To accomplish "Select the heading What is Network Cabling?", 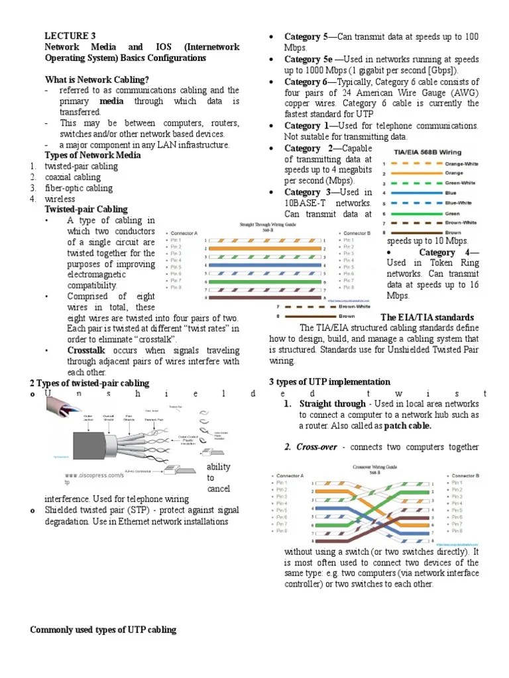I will pyautogui.click(x=96, y=79).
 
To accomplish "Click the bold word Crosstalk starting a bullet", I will pyautogui.click(x=89, y=350).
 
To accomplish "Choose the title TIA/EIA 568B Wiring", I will pyautogui.click(x=424, y=151).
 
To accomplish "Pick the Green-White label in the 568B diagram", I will pyautogui.click(x=459, y=183).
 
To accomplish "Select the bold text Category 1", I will pyautogui.click(x=306, y=126).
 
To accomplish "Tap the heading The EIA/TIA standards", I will pyautogui.click(x=427, y=317).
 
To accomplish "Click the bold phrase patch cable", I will pyautogui.click(x=405, y=426).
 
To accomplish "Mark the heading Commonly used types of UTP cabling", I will pyautogui.click(x=103, y=630).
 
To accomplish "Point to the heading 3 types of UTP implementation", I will pyautogui.click(x=329, y=383).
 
